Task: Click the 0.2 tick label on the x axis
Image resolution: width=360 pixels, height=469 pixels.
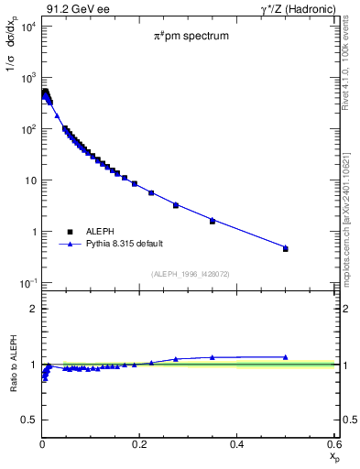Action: pyautogui.click(x=140, y=444)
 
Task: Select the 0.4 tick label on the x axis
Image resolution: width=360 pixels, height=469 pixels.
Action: pyautogui.click(x=237, y=444)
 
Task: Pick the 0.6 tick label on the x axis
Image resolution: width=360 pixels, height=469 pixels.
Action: pyautogui.click(x=333, y=444)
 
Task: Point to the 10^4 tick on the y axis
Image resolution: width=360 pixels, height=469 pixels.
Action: pyautogui.click(x=27, y=26)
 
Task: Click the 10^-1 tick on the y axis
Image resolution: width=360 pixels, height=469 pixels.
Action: pyautogui.click(x=27, y=283)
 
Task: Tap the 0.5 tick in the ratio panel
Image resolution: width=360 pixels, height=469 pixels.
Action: pyautogui.click(x=29, y=420)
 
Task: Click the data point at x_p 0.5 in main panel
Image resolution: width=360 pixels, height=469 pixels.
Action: pyautogui.click(x=285, y=248)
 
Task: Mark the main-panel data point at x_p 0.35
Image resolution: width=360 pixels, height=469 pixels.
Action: pyautogui.click(x=213, y=221)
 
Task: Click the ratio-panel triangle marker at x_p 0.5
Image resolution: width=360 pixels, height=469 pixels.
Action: pyautogui.click(x=285, y=357)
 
